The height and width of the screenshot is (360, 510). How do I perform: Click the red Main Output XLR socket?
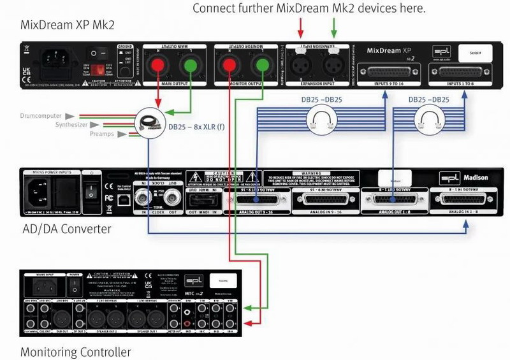[x=157, y=64]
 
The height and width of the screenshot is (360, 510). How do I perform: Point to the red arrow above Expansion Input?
[x=300, y=27]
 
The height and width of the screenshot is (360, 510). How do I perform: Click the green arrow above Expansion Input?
[x=333, y=27]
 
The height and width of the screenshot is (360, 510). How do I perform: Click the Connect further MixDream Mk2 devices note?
[x=309, y=8]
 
